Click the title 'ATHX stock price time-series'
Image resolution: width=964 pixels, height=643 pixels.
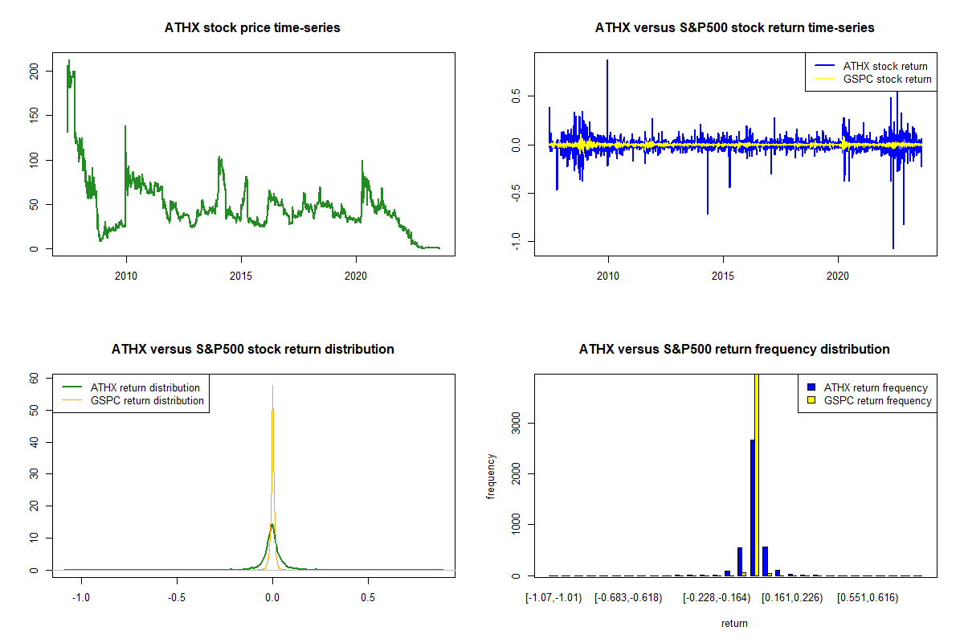252,28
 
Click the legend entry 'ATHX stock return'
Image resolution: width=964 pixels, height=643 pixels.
884,66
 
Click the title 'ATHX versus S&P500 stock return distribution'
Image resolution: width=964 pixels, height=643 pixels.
252,350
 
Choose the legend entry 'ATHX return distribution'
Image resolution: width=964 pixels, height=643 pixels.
145,387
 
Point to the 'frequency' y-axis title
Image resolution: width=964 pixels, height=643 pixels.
491,477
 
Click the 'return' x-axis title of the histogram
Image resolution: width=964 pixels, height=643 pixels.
734,623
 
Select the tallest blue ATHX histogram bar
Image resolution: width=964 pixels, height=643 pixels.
753,507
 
